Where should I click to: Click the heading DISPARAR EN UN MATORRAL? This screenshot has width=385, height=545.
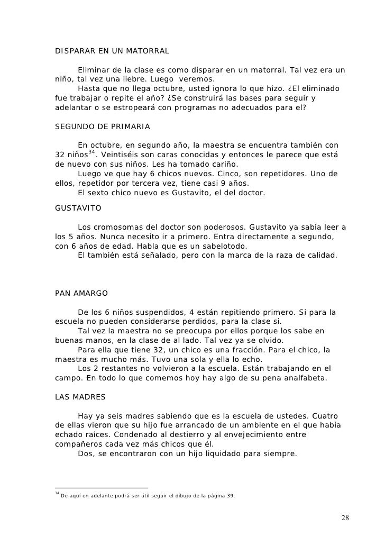coord(112,52)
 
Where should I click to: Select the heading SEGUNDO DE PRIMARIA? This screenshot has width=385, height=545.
coord(103,127)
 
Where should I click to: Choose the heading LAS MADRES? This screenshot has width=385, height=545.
coord(80,396)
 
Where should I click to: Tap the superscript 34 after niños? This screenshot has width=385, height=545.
coord(92,152)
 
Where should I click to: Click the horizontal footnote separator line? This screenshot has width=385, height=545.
coord(102,487)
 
